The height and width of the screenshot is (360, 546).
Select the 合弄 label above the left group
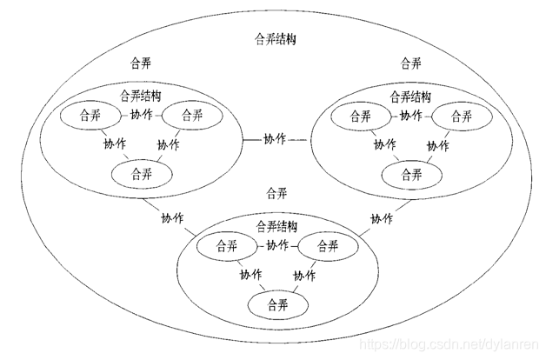138,63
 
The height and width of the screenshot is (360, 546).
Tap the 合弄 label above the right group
411,63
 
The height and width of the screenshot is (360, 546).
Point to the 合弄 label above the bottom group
276,192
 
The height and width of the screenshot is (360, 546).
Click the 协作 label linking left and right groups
274,139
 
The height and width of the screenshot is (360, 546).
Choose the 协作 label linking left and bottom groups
172,218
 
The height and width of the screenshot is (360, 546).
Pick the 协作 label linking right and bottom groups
381,218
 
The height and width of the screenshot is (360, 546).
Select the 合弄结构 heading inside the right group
411,96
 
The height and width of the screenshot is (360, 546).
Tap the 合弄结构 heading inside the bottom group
276,226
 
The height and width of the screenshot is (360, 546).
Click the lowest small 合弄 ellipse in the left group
140,171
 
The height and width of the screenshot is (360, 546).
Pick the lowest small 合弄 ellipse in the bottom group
276,304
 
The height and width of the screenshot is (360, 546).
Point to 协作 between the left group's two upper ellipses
141,115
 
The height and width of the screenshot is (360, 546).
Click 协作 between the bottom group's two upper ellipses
276,246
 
